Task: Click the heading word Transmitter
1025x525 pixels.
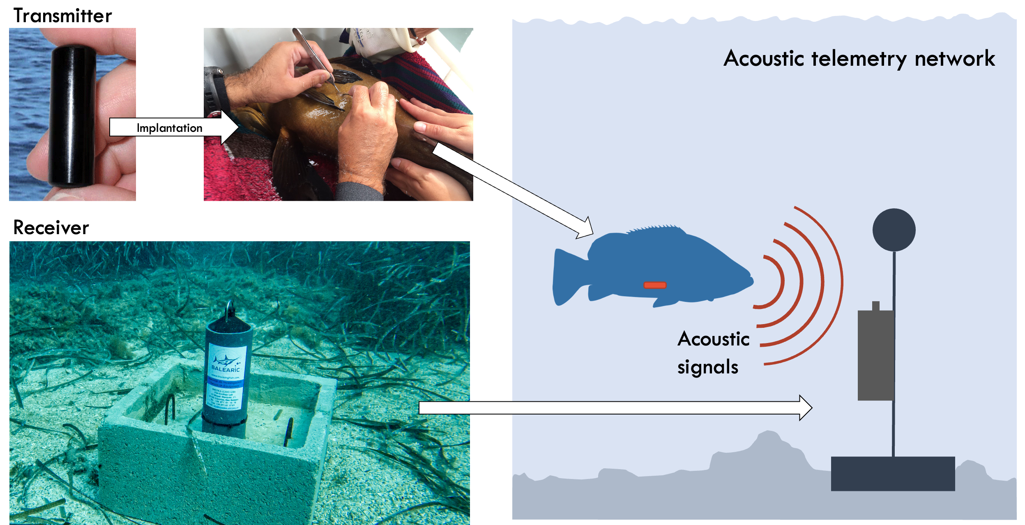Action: [62, 16]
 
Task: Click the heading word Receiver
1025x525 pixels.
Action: [51, 228]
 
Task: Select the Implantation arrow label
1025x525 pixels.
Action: [169, 128]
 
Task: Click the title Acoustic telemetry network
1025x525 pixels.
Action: [859, 58]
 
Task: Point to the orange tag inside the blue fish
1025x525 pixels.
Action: [654, 285]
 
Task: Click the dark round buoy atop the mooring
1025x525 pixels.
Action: [894, 230]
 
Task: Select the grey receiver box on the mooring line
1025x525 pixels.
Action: [875, 355]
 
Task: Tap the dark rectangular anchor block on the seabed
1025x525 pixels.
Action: [893, 473]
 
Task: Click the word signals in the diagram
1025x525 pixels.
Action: [707, 367]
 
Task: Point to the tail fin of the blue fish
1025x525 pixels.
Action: [565, 277]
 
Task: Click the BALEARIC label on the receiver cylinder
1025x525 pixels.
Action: [225, 368]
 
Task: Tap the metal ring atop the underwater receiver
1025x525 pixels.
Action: [229, 309]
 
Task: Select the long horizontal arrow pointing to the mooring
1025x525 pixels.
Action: [612, 408]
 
